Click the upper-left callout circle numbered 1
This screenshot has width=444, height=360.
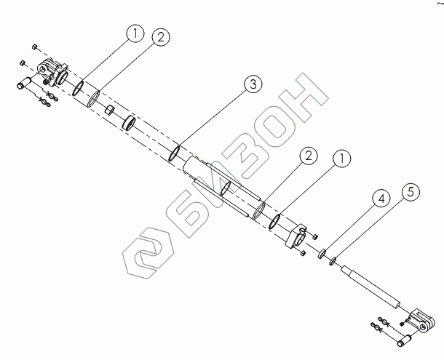pos(132,33)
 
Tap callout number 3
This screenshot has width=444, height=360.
pos(252,85)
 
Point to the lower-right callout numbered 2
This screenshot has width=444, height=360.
pos(309,156)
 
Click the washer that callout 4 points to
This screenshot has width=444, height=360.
pos(321,254)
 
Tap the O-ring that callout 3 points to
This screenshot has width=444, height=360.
pos(175,153)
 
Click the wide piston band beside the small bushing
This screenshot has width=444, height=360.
pos(130,121)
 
